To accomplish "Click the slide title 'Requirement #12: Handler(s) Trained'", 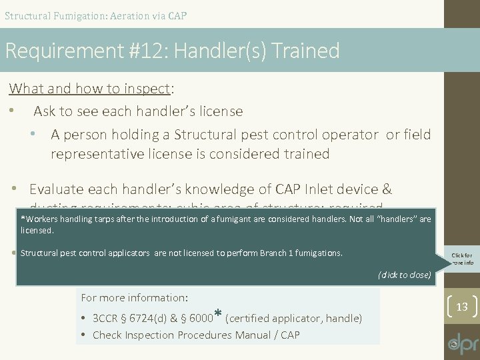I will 172,51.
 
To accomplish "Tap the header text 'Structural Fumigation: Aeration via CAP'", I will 95,15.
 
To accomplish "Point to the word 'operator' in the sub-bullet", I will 350,135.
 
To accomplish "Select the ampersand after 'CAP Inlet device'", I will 387,189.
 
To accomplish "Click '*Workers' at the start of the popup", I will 39,219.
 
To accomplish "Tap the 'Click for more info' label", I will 461,259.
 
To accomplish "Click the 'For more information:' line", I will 134,298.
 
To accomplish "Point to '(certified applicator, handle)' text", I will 294,319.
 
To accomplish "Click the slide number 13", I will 461,307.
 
